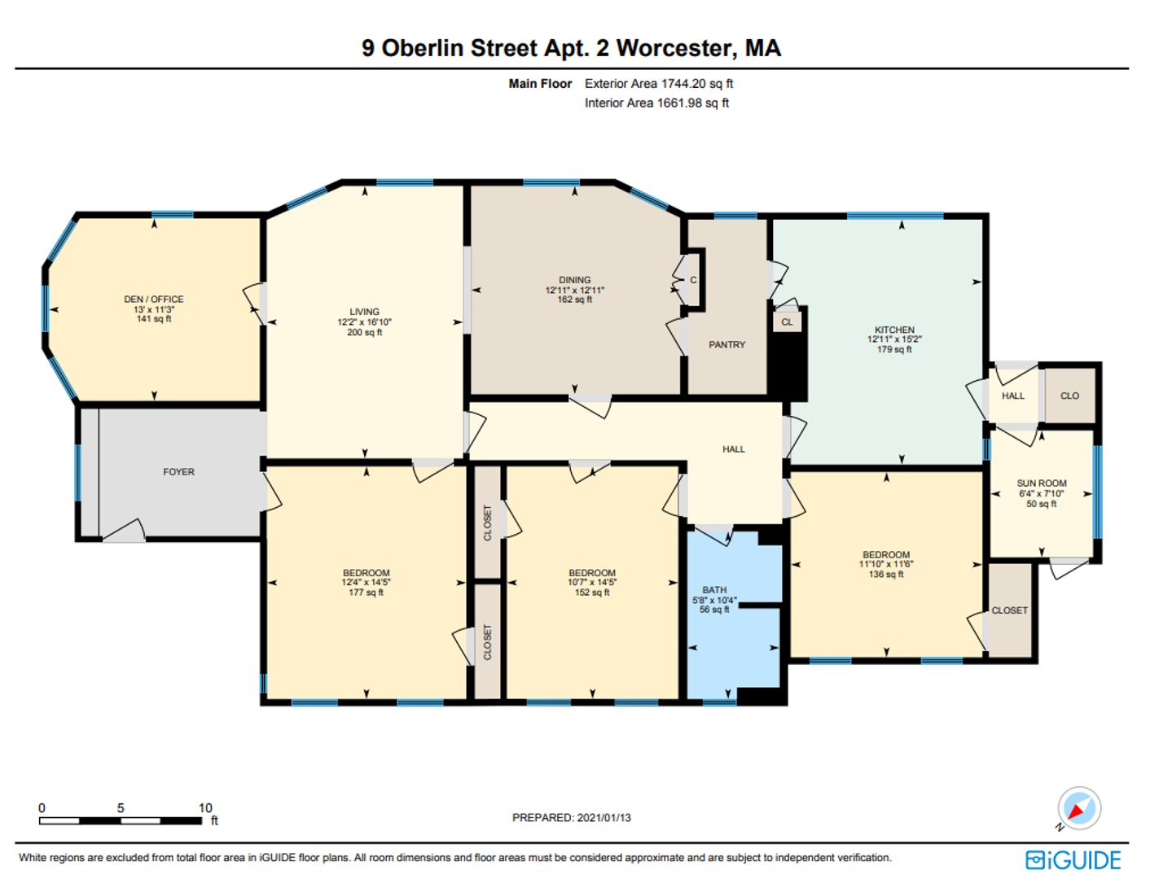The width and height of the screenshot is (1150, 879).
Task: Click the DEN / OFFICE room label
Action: [153, 300]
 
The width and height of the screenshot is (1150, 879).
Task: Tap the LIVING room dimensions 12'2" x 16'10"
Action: [365, 322]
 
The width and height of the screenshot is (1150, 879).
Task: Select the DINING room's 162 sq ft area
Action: [575, 300]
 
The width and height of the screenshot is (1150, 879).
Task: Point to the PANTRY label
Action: [726, 344]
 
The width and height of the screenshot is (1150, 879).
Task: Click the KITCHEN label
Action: [894, 330]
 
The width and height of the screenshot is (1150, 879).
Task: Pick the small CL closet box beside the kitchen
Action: [787, 322]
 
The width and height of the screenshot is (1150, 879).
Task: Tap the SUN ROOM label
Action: [1042, 483]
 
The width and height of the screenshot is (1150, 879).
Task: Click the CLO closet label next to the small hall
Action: [1069, 396]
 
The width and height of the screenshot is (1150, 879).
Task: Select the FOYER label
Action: [178, 472]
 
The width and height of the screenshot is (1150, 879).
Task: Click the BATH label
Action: [714, 590]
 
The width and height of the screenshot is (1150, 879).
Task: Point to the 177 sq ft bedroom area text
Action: [367, 593]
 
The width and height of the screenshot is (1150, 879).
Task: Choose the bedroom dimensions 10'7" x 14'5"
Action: [592, 582]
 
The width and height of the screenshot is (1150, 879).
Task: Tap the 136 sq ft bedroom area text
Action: [886, 575]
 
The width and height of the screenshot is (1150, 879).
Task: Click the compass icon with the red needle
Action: [1079, 808]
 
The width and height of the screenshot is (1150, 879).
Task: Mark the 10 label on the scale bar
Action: [205, 808]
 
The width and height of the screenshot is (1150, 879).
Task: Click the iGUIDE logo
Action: [1073, 860]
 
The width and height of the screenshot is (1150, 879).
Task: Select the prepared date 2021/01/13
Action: [604, 818]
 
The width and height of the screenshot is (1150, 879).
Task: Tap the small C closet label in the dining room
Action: [693, 280]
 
